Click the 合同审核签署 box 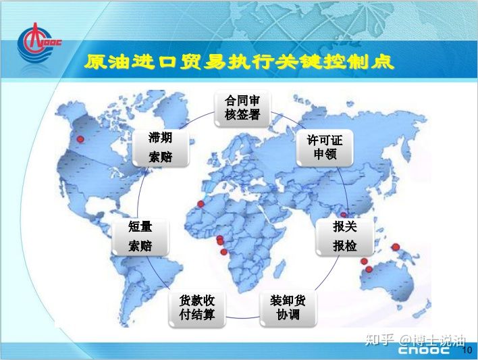[x=242, y=109]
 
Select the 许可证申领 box [x=325, y=148]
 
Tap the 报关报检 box [x=345, y=237]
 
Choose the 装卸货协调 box [x=288, y=309]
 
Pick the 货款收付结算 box [x=197, y=309]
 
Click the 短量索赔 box [x=140, y=237]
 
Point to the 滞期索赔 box [x=161, y=148]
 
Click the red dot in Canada [x=80, y=139]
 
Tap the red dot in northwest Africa [x=201, y=204]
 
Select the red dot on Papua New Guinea [x=396, y=247]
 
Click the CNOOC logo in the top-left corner [x=39, y=43]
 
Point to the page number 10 [x=467, y=350]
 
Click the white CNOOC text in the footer [x=424, y=351]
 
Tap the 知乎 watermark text [x=380, y=340]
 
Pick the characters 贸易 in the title [x=203, y=61]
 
